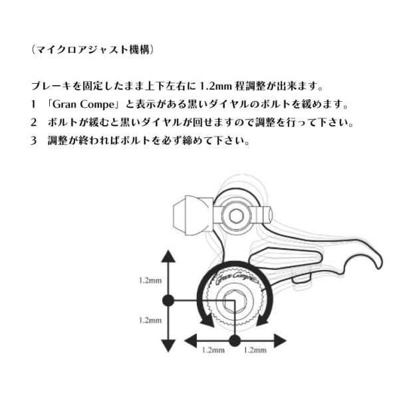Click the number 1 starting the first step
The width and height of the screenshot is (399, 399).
33,106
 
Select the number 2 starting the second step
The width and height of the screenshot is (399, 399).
33,124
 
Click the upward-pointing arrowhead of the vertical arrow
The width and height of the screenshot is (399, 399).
168,257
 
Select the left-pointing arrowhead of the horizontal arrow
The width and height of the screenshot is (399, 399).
191,340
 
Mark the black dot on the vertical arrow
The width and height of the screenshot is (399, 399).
168,301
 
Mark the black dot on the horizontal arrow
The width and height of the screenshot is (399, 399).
234,340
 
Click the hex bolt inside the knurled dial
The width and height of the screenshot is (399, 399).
234,301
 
